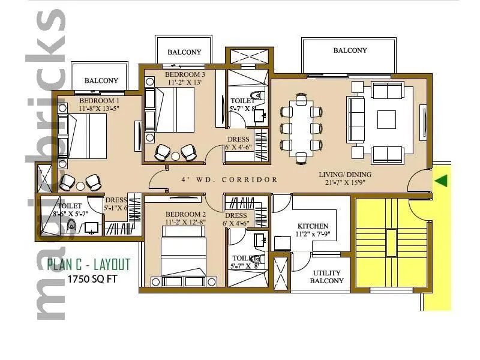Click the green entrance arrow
point(442,180)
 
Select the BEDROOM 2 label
point(186,214)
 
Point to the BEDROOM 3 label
point(185,74)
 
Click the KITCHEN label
point(313,226)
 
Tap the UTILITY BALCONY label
point(327,277)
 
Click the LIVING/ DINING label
point(345,175)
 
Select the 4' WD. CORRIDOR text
point(230,179)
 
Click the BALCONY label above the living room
point(350,50)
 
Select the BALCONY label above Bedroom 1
point(101,80)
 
